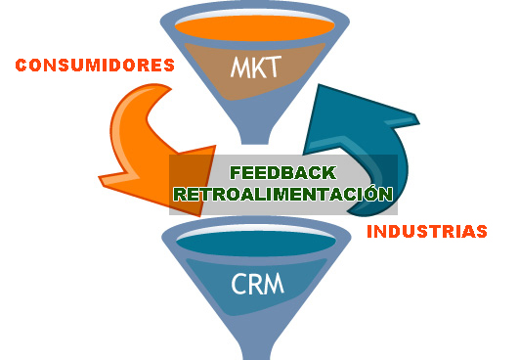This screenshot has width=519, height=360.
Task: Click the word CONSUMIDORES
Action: [95, 67]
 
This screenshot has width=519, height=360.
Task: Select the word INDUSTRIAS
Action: [426, 233]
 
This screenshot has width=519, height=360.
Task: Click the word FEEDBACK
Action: [282, 174]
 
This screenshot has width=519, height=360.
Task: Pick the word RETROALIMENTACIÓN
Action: [282, 194]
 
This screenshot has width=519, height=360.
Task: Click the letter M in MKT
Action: [238, 69]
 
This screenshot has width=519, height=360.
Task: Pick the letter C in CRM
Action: [239, 285]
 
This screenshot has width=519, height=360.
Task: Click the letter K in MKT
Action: [259, 69]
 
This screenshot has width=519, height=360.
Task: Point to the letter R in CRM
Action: [257, 285]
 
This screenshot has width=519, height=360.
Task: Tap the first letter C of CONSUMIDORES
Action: [22, 67]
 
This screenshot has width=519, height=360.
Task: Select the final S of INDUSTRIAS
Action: [481, 233]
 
